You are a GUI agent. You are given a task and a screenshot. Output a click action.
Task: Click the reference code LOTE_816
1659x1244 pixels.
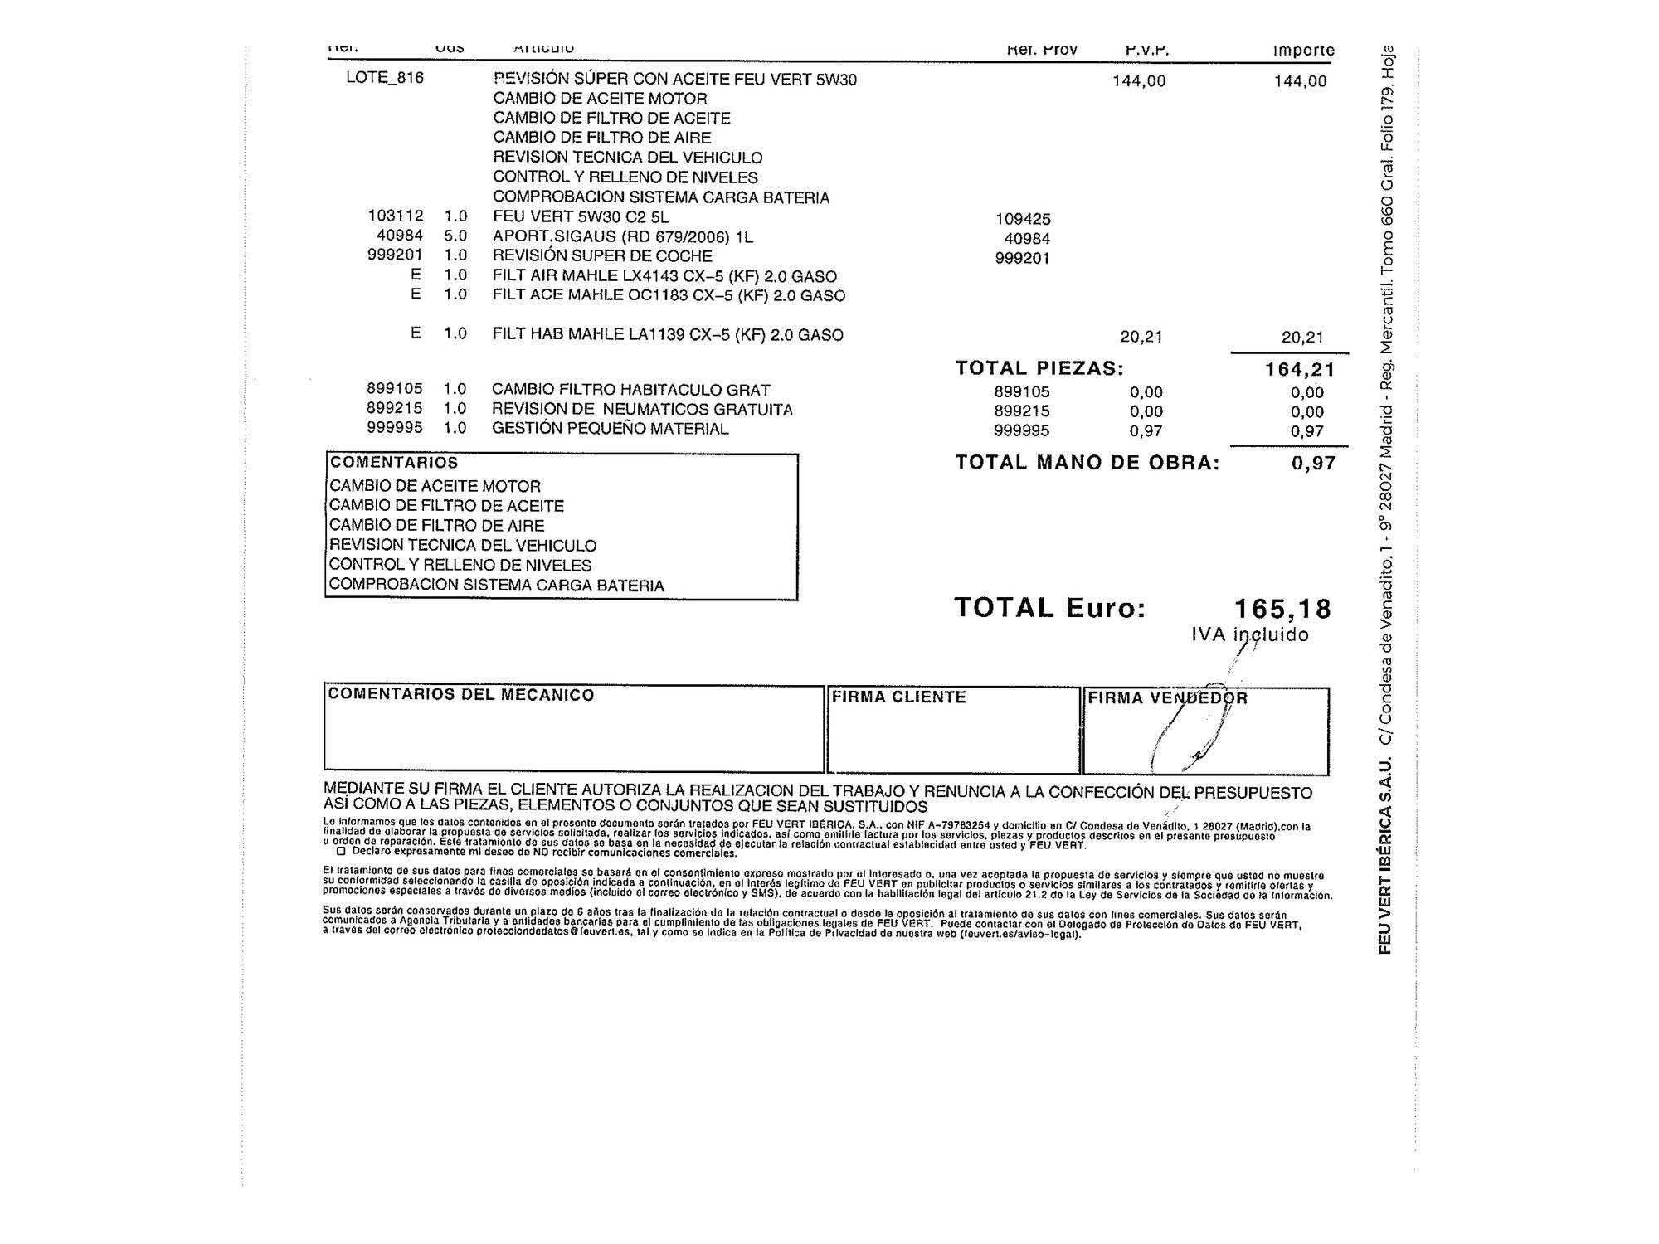385,78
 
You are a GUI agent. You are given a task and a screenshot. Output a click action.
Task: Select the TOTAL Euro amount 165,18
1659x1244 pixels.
1282,609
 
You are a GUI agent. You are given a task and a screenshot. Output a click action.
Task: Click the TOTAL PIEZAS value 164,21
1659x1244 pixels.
1300,370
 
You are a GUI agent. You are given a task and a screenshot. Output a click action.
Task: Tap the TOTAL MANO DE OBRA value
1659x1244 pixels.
1314,464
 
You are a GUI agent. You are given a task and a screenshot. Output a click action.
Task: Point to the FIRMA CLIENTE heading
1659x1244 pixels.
899,697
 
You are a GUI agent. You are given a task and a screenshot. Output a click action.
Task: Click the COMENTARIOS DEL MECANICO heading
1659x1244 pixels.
461,695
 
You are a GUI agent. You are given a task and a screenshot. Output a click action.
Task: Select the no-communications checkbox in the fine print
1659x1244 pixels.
341,851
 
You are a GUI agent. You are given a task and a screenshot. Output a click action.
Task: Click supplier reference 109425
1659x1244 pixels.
1023,219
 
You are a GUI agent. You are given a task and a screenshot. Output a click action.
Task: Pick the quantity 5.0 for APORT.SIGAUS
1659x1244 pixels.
455,236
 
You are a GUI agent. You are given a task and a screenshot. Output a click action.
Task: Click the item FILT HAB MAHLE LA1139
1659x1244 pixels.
668,335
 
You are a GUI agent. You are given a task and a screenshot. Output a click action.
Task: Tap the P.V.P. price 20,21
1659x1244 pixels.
1141,337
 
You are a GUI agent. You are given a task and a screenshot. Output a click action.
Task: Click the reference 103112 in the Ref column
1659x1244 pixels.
396,216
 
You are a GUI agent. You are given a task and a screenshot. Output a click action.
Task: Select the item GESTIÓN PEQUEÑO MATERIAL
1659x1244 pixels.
610,429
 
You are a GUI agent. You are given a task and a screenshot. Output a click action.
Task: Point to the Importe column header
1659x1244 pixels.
1303,51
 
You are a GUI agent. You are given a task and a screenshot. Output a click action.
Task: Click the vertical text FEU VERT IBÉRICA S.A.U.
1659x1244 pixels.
1384,855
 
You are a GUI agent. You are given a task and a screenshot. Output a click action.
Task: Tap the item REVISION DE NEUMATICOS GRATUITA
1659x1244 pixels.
642,410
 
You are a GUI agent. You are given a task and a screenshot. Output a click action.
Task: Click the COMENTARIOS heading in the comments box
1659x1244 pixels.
394,463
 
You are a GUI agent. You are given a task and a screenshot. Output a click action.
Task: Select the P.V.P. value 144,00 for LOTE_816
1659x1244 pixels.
1138,81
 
